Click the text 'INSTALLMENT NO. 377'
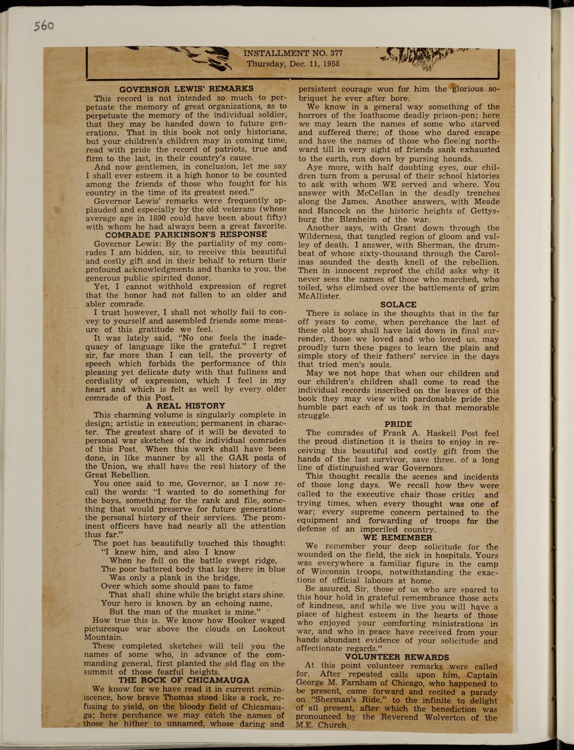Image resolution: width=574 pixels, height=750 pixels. (293, 53)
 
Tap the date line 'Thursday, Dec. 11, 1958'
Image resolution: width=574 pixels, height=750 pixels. (293, 63)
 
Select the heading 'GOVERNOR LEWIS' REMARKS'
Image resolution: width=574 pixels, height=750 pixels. (186, 89)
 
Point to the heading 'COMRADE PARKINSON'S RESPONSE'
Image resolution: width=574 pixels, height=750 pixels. (186, 235)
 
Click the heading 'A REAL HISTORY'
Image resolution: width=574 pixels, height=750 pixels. (186, 405)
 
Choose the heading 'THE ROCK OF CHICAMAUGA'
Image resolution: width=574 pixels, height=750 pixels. (184, 680)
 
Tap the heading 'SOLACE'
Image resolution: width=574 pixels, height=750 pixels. (398, 304)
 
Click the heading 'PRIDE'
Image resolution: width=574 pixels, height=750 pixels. (398, 424)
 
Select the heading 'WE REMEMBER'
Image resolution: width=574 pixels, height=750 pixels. (398, 537)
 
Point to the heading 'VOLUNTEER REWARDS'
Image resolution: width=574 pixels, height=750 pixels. (397, 657)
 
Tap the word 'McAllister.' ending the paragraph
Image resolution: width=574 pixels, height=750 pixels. (320, 296)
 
